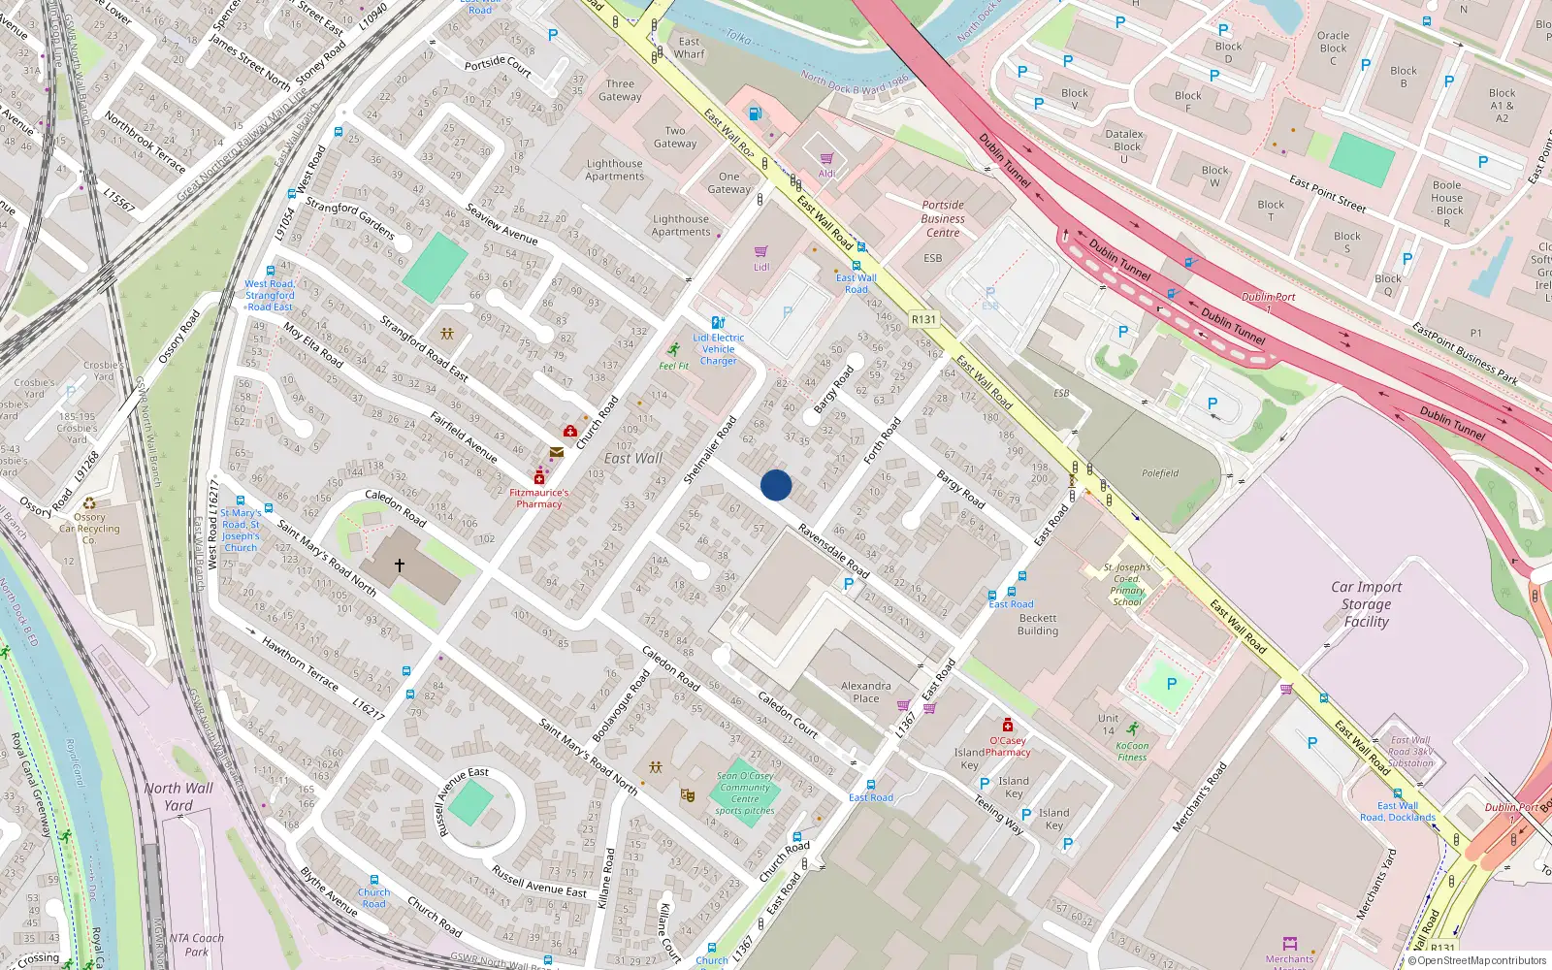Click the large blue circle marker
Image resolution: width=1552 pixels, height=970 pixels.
pyautogui.click(x=776, y=485)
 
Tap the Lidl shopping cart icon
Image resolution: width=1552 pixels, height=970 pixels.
pyautogui.click(x=761, y=252)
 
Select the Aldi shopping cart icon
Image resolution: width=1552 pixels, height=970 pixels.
pyautogui.click(x=826, y=159)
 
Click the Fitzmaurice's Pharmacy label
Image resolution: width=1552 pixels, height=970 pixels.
pyautogui.click(x=539, y=498)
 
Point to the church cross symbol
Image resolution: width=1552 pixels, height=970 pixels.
pyautogui.click(x=399, y=565)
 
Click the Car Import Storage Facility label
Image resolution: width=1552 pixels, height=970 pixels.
pyautogui.click(x=1366, y=603)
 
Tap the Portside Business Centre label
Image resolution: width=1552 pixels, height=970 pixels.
pyautogui.click(x=943, y=219)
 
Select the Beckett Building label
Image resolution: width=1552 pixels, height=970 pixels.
pyautogui.click(x=1038, y=624)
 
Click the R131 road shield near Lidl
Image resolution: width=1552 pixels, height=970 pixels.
pyautogui.click(x=923, y=319)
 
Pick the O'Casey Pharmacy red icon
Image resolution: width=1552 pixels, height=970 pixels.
pyautogui.click(x=1008, y=726)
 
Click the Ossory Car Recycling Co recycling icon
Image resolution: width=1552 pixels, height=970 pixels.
pyautogui.click(x=89, y=503)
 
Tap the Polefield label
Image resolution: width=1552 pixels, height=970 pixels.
pyautogui.click(x=1160, y=473)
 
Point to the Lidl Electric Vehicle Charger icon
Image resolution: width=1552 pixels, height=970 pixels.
pyautogui.click(x=718, y=323)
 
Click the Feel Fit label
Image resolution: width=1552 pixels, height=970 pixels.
pyautogui.click(x=673, y=366)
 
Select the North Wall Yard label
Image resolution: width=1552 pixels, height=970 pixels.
pyautogui.click(x=178, y=796)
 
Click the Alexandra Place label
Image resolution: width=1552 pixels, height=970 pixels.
pyautogui.click(x=866, y=692)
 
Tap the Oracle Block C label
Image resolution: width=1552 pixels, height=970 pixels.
pyautogui.click(x=1333, y=48)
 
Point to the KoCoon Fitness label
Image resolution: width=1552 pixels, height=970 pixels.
pyautogui.click(x=1132, y=752)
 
